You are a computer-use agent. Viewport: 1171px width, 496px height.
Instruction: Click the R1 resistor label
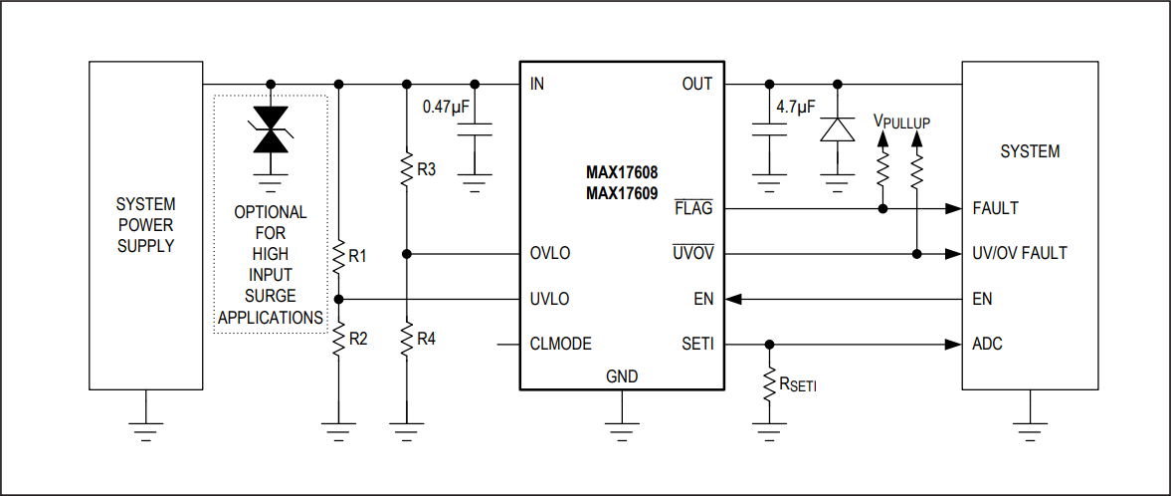(357, 256)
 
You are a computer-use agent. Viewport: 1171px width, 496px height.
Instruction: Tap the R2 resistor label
(357, 339)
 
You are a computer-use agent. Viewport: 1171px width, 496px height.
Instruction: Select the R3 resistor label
(426, 169)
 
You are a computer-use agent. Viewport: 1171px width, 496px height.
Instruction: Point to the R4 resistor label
(426, 339)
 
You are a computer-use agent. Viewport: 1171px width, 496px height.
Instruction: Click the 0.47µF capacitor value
(446, 107)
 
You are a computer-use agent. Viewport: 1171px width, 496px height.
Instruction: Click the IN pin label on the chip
(537, 84)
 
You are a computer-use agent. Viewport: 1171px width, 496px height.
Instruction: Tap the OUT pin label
(696, 84)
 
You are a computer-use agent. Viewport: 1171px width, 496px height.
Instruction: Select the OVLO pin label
(550, 253)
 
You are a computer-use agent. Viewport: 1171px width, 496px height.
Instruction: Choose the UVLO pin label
(550, 299)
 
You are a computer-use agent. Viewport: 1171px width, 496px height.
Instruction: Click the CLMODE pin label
(561, 344)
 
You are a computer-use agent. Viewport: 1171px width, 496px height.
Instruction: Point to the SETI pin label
(697, 344)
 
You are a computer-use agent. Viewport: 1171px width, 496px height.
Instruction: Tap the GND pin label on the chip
(622, 376)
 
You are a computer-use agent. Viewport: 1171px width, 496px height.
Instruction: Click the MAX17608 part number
(622, 172)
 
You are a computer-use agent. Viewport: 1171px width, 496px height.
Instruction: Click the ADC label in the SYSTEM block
(987, 344)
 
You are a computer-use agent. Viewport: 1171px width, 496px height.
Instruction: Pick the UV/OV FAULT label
(1019, 253)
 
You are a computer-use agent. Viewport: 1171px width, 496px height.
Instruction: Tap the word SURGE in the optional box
(271, 296)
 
